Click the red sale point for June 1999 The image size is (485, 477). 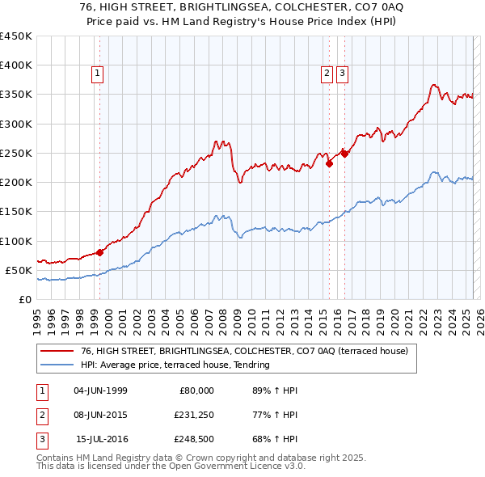coord(100,252)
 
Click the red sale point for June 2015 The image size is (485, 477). coord(329,164)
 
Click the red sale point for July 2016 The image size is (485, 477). coord(344,154)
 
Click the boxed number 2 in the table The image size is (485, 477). coord(41,415)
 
